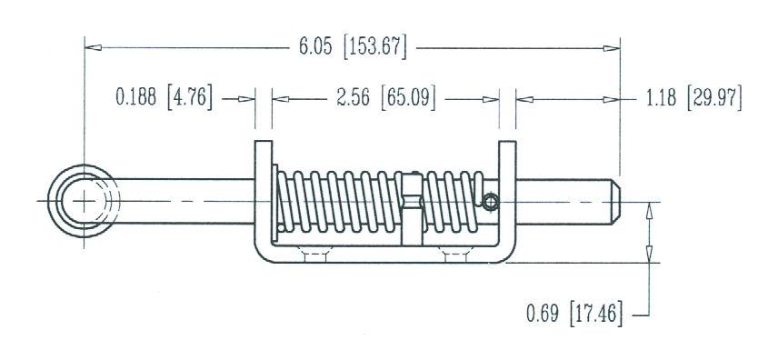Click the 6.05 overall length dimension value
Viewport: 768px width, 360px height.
315,47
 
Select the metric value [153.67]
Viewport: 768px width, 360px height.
375,47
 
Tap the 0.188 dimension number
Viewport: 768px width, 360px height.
135,96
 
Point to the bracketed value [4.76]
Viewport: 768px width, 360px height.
190,97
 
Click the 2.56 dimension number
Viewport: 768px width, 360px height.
353,98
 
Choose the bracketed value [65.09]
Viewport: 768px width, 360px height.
408,98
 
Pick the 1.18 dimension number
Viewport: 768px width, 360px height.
661,98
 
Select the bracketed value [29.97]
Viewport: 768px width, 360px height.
714,98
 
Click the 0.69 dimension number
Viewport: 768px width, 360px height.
543,314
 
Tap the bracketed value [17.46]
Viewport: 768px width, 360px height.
596,314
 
